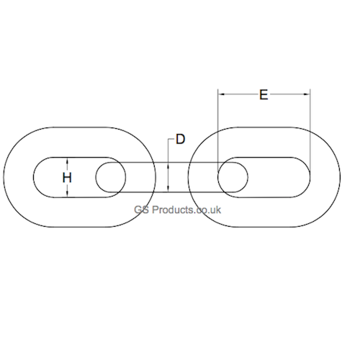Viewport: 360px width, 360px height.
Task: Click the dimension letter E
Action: pos(264,94)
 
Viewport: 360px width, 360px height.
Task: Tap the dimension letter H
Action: pos(67,177)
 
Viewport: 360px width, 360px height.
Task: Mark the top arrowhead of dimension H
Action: pos(67,160)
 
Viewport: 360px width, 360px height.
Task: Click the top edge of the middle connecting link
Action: pos(144,162)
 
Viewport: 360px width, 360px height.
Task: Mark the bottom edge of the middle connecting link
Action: pos(144,192)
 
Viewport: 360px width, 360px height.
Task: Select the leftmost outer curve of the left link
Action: pos(3,177)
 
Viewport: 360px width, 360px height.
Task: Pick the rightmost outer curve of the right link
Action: pos(341,177)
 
